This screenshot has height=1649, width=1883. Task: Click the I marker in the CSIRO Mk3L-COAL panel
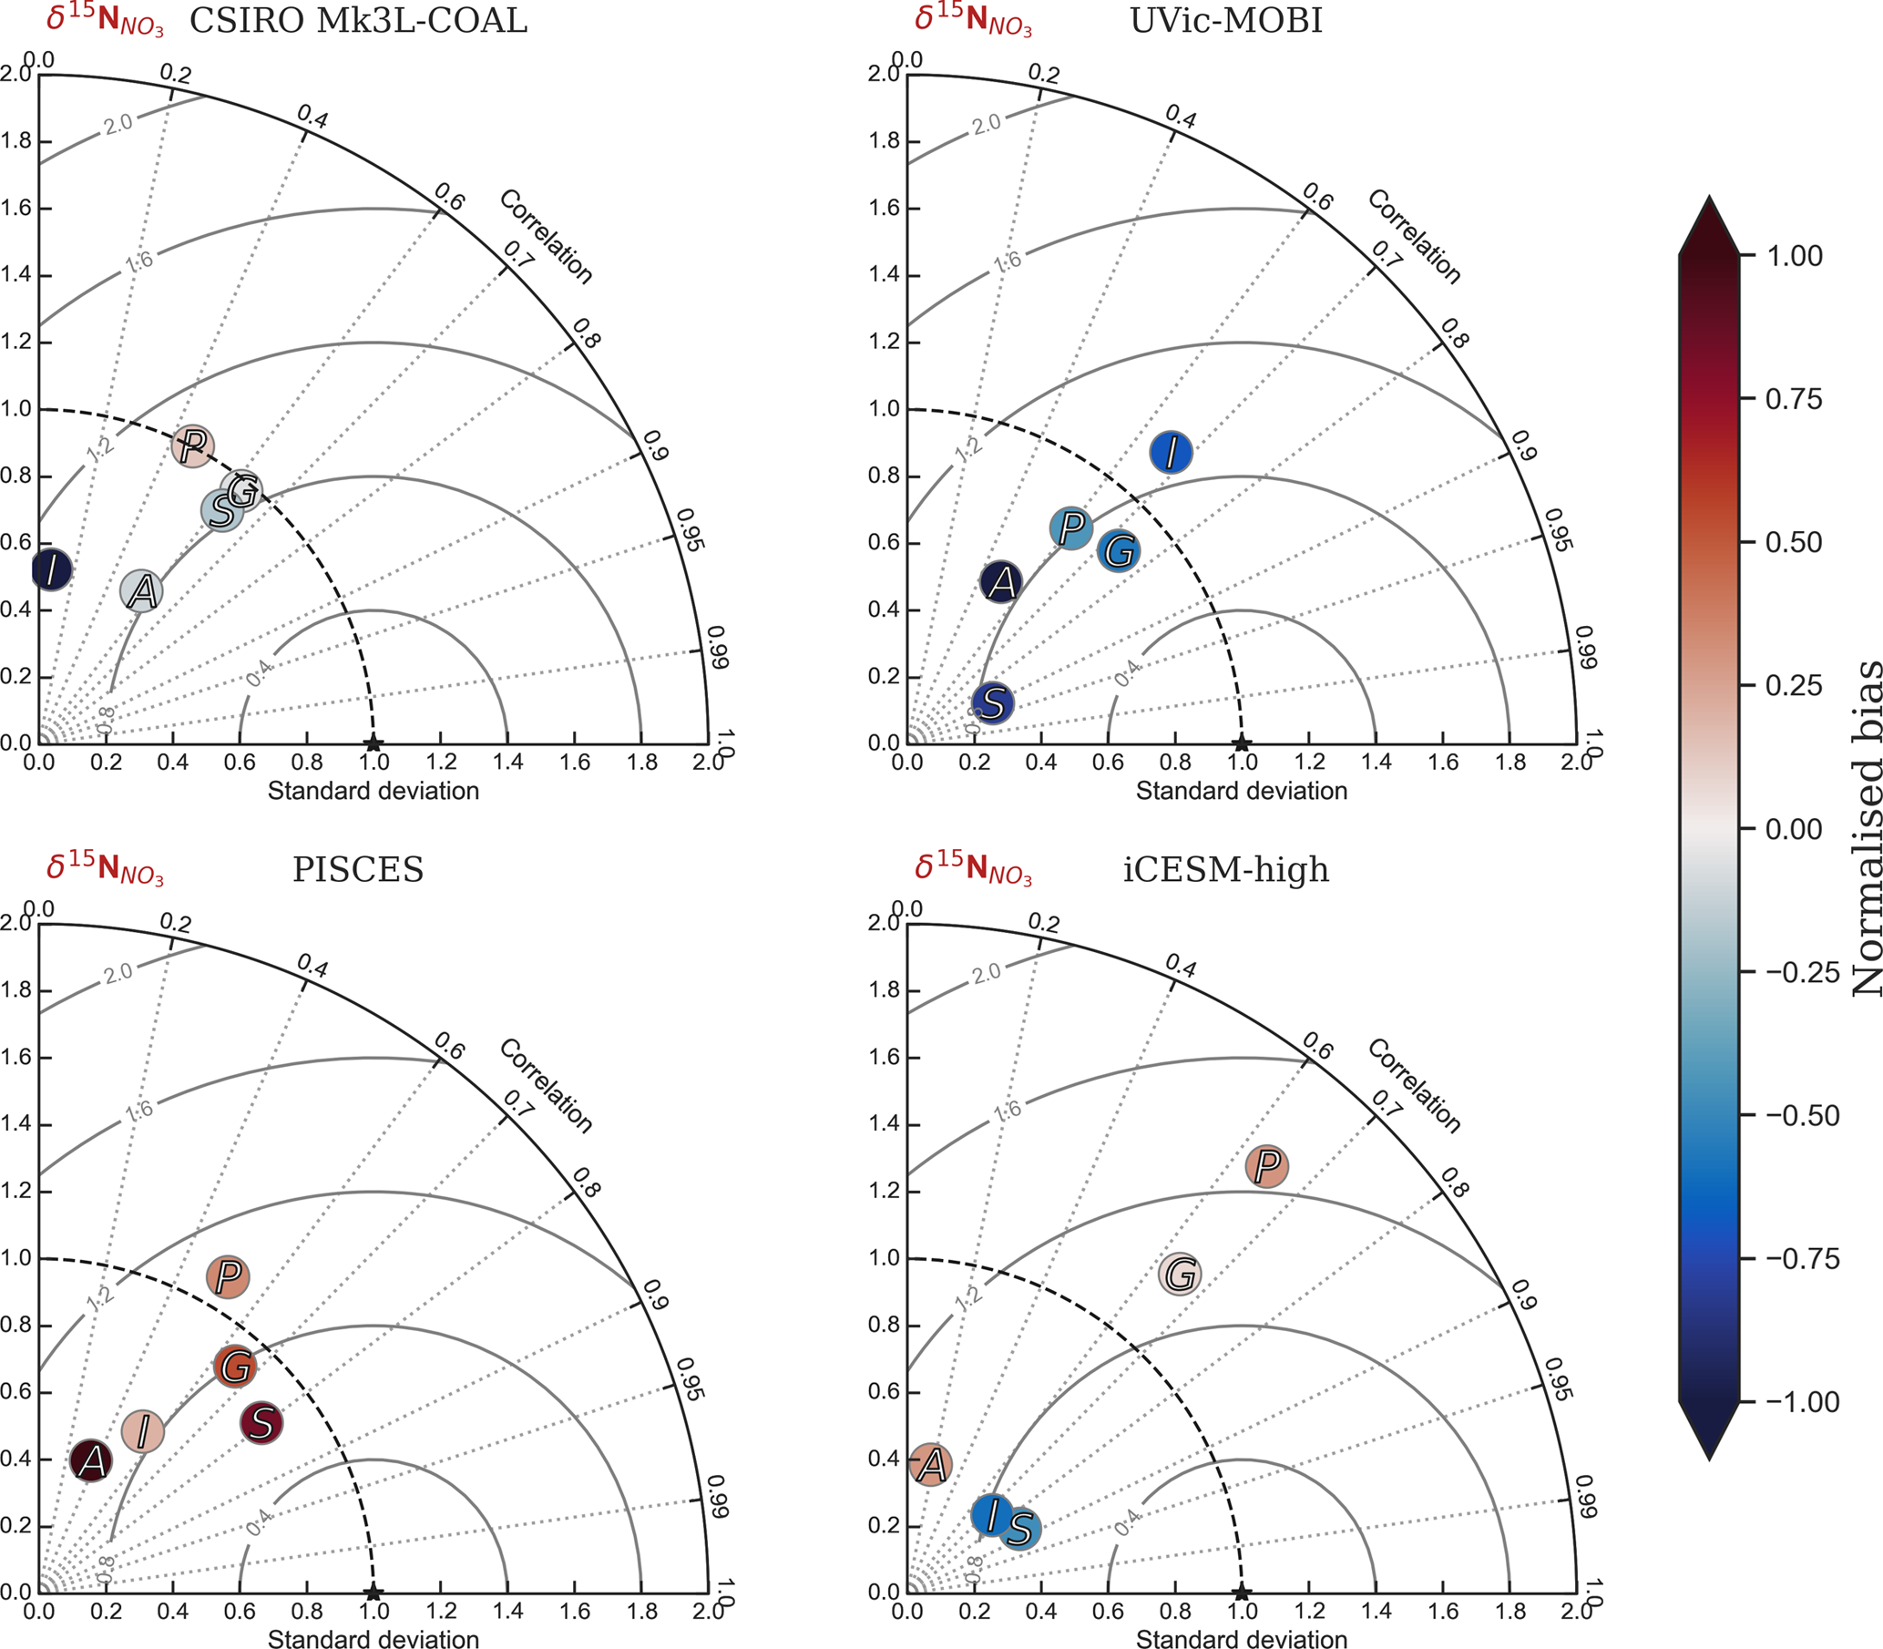52,569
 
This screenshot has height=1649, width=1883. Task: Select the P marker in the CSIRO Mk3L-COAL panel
192,447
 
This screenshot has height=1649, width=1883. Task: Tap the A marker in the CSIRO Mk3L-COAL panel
142,590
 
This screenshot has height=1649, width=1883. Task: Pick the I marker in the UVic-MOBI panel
1171,453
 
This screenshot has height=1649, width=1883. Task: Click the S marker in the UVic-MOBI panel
993,704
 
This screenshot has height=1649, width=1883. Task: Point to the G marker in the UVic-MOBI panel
1119,551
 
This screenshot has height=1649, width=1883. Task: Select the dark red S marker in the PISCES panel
261,1424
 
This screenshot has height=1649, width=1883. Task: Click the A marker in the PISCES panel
91,1460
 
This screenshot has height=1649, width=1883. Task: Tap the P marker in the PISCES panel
229,1276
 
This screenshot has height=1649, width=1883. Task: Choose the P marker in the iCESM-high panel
1266,1167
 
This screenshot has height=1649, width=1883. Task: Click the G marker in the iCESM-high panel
1180,1275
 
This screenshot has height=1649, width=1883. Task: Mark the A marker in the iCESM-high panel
931,1464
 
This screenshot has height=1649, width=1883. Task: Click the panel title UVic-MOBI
1225,20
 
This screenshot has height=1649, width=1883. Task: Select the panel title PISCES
358,869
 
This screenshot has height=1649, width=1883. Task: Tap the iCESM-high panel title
1225,869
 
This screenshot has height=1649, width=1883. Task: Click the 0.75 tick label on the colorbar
1793,399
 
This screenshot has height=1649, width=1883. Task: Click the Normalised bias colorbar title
1866,828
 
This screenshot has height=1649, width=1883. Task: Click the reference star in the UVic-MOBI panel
1241,743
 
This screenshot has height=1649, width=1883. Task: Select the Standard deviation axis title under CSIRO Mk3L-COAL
373,792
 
